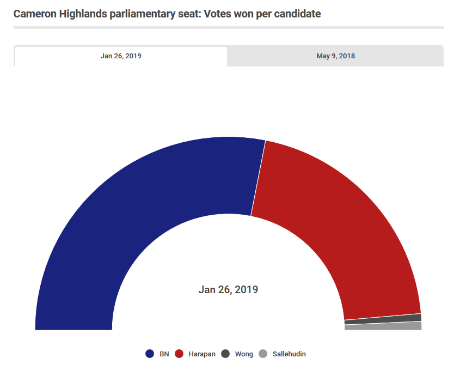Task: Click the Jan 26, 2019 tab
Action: click(121, 56)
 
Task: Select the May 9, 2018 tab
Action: click(335, 56)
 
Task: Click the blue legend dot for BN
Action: click(150, 354)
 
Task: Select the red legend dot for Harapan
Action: click(179, 354)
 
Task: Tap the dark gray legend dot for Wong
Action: click(225, 354)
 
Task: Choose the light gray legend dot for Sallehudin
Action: click(263, 354)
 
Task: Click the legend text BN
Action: click(164, 354)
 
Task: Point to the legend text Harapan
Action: click(202, 354)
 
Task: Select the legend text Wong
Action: click(244, 354)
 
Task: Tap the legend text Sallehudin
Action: click(289, 354)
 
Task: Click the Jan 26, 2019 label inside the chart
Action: click(228, 289)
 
